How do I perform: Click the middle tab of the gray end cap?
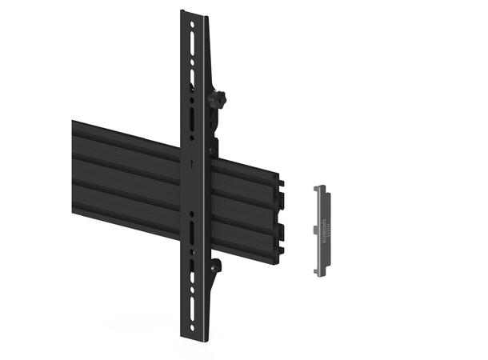click(315, 230)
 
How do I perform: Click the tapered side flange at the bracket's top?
click(208, 48)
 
